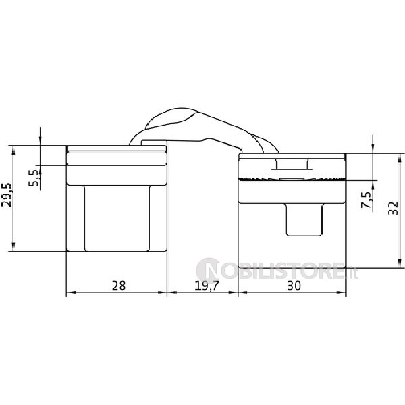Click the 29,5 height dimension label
click(x=7, y=195)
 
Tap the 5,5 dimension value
click(x=34, y=178)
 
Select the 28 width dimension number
click(x=119, y=286)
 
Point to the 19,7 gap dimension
click(x=207, y=286)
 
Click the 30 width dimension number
click(x=294, y=286)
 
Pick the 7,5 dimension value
click(x=367, y=200)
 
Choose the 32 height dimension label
click(x=393, y=208)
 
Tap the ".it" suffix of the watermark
click(x=352, y=273)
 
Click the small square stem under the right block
click(x=304, y=220)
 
